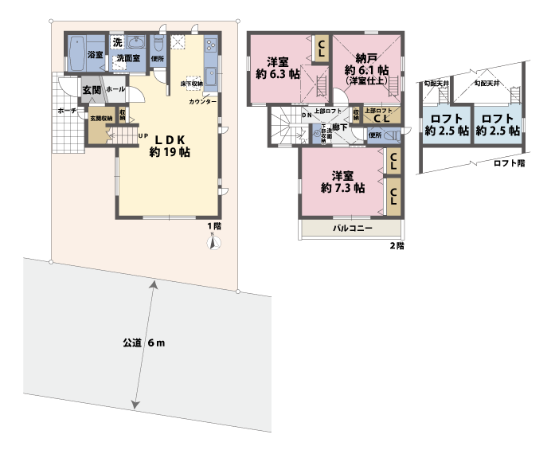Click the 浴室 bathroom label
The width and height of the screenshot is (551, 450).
click(x=95, y=54)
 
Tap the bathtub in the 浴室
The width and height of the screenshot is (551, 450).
click(x=76, y=54)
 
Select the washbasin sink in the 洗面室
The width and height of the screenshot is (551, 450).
click(x=135, y=41)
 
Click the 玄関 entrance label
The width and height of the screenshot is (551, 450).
click(x=91, y=90)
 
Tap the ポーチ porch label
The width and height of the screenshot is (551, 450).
click(x=66, y=112)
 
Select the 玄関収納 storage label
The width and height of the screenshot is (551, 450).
click(x=100, y=118)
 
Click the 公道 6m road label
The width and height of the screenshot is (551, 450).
click(x=143, y=343)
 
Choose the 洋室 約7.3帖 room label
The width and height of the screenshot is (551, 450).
click(x=342, y=182)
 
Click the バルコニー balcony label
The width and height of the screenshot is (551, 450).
click(x=348, y=229)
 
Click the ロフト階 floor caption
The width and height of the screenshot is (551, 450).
click(x=509, y=163)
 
